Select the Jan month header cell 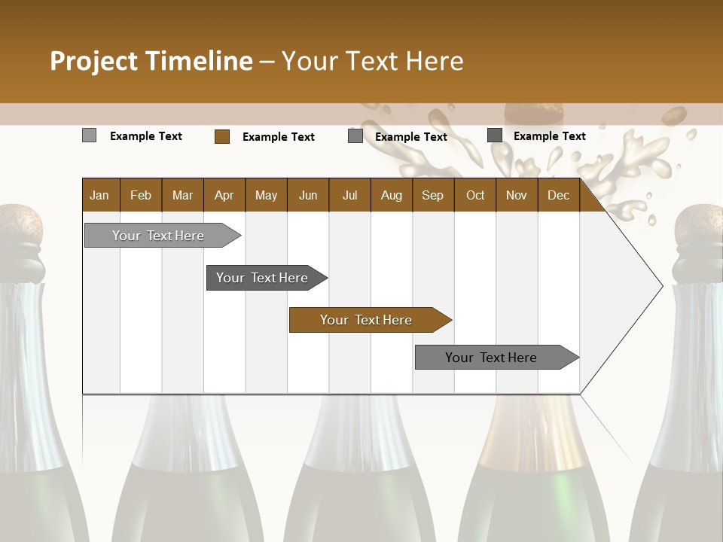coord(99,195)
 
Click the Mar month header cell coord(182,195)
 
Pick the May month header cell coord(266,195)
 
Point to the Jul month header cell coord(349,195)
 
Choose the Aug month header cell coord(391,195)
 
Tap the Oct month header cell coord(475,195)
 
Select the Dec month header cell coord(558,195)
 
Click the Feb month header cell coord(141,195)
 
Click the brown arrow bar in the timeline coord(369,320)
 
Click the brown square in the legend coord(221,136)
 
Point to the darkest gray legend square coord(495,135)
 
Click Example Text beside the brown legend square coord(278,137)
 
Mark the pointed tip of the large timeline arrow coord(661,285)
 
